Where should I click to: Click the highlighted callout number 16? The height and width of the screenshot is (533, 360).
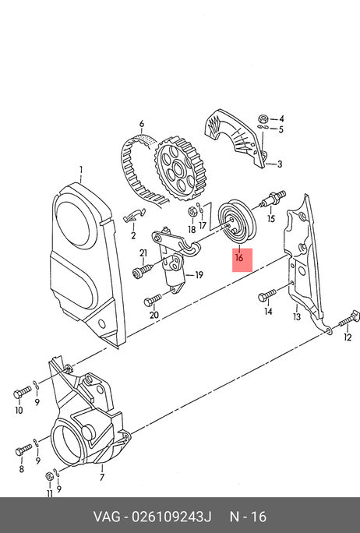[x=239, y=258]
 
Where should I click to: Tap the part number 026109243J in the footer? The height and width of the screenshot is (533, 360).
[x=171, y=517]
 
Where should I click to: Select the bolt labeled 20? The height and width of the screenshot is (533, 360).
[x=152, y=301]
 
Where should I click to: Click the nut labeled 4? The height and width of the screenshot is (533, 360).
[x=263, y=119]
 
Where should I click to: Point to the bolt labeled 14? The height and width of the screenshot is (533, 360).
[x=266, y=295]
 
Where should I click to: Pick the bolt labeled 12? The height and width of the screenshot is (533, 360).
[x=349, y=318]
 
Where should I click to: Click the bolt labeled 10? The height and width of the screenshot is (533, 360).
[x=23, y=392]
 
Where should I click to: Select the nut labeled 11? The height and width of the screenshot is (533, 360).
[x=50, y=476]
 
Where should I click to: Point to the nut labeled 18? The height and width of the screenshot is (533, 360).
[x=192, y=211]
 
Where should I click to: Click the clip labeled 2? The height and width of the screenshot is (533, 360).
[x=134, y=215]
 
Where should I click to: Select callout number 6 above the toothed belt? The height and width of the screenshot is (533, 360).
[x=141, y=123]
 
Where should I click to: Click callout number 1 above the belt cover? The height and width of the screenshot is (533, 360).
[x=81, y=169]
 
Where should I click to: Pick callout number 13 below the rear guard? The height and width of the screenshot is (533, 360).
[x=297, y=317]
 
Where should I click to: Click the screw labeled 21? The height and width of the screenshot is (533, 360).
[x=143, y=271]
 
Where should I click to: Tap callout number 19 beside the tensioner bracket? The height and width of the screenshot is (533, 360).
[x=199, y=274]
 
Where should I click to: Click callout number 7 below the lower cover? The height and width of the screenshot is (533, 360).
[x=102, y=477]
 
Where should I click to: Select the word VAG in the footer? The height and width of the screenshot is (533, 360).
[x=107, y=517]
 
